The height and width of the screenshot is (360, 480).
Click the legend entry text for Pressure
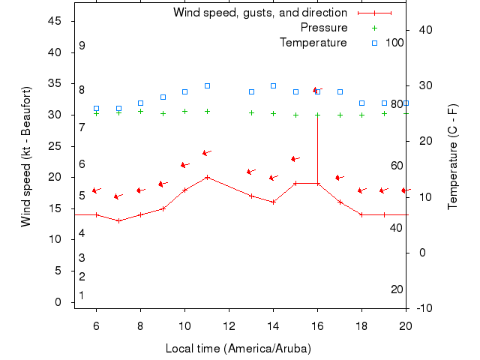(x=324, y=28)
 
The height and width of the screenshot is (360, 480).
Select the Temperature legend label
(x=313, y=43)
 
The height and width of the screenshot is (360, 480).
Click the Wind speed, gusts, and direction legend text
(x=260, y=13)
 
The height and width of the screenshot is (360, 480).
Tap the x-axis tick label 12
(x=229, y=326)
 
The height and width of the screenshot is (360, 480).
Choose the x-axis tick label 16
(x=317, y=326)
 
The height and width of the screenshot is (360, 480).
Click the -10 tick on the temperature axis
(x=424, y=308)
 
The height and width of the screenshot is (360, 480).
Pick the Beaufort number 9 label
(x=82, y=46)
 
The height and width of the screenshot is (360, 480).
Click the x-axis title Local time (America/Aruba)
(x=238, y=349)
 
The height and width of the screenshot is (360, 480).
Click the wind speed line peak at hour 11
(x=207, y=178)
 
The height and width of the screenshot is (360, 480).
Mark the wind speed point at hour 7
(x=118, y=220)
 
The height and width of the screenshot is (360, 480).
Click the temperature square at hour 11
(x=207, y=86)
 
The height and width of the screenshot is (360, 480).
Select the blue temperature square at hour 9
(x=163, y=97)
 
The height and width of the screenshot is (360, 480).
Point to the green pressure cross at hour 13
(x=251, y=113)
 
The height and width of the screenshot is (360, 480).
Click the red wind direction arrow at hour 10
(x=184, y=165)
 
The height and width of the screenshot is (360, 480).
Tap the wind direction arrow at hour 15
(x=295, y=159)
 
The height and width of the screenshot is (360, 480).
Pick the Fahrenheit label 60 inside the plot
(x=397, y=166)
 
